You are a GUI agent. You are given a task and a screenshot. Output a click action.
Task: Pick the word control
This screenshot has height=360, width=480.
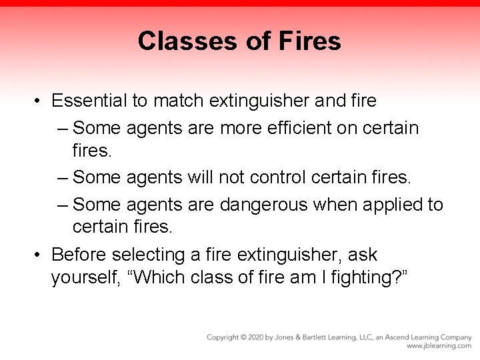click(x=278, y=177)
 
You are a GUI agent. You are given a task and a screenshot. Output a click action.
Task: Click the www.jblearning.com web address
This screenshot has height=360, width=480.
click(x=439, y=347)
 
